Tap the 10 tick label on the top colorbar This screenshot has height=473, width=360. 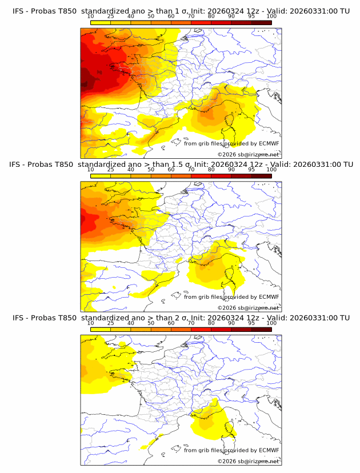pos(91,16)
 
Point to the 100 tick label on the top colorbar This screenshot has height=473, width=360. pos(271,16)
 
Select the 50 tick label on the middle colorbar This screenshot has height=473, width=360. pos(151,170)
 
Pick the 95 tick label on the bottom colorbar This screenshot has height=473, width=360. pos(251,323)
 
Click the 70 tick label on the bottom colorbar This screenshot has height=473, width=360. pos(191,323)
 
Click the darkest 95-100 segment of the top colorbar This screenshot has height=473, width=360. pos(261,22)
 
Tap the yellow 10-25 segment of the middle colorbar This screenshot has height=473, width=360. pos(101,176)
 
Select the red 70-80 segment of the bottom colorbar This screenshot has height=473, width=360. pos(201,330)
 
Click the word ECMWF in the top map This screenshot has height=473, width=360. pos(269,143)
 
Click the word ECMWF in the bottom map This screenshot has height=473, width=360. pos(269,451)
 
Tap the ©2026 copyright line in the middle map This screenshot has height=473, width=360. pos(248,307)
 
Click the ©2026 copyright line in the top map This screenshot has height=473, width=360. pos(248,154)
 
